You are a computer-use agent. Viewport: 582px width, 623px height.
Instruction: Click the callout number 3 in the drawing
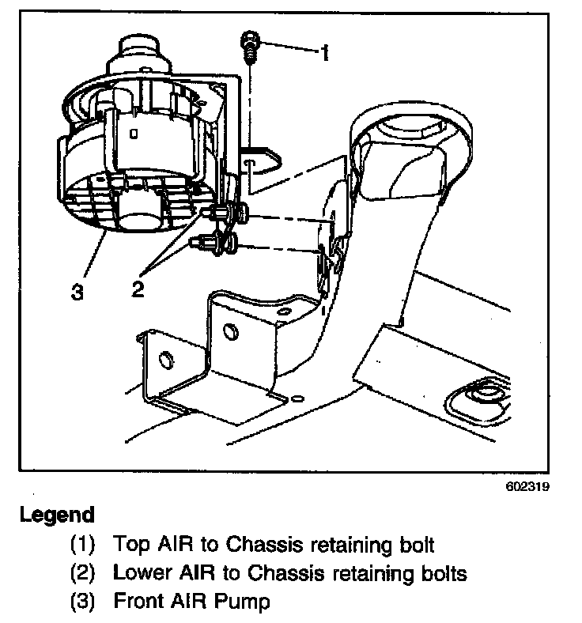[x=77, y=292]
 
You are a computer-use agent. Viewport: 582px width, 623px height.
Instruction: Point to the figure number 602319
[x=527, y=487]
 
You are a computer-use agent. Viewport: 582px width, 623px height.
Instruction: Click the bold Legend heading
[x=57, y=515]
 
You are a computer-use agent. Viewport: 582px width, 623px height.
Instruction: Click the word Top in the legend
[x=130, y=544]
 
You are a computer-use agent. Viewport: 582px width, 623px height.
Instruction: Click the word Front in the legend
[x=138, y=601]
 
